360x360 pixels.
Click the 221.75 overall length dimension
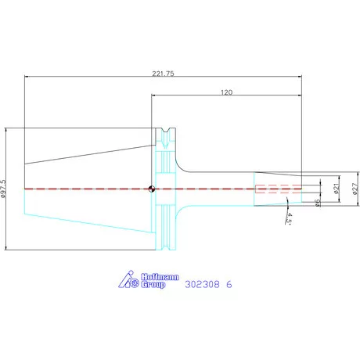coord(163,74)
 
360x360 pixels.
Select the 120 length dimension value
coord(226,92)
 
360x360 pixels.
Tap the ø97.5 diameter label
coord(3,189)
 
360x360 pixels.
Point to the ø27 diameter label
coord(355,189)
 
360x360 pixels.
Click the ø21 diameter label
coord(337,189)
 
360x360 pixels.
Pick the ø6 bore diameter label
coord(318,203)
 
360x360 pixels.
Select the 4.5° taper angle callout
coord(289,218)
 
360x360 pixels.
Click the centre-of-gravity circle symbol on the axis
coord(152,189)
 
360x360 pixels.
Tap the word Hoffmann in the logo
coord(160,277)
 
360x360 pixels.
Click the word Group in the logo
coord(153,284)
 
